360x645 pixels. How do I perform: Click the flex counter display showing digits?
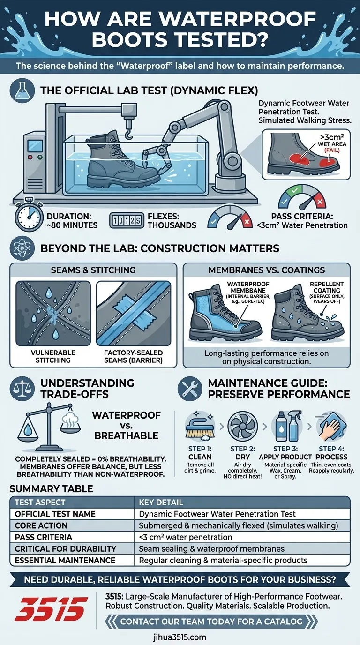[x=125, y=220]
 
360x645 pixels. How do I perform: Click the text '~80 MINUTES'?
[x=72, y=225]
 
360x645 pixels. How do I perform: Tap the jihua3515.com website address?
[x=179, y=637]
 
